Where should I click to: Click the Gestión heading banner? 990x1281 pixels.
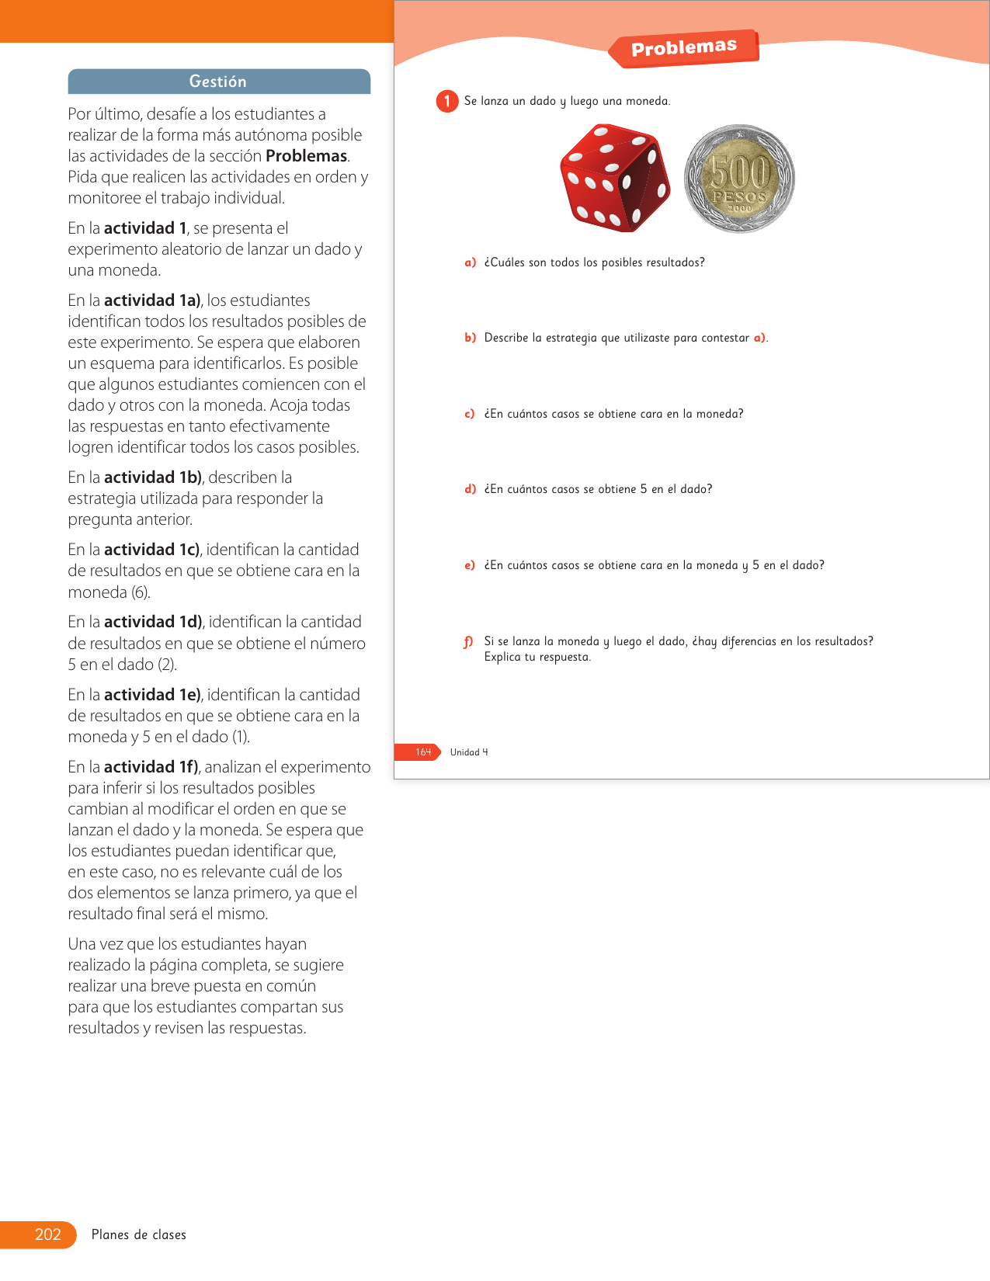pos(218,82)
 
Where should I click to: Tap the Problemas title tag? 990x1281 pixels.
pos(683,48)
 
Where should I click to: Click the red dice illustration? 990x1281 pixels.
pos(614,178)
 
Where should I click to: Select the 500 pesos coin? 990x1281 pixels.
pos(739,179)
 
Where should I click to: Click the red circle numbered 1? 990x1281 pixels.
pos(447,101)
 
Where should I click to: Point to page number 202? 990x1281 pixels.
pos(47,1234)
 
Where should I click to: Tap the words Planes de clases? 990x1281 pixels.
pos(139,1234)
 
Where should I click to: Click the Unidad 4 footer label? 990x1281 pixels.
pos(469,752)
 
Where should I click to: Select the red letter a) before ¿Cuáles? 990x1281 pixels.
pos(471,262)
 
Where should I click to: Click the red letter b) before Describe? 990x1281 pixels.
pos(471,338)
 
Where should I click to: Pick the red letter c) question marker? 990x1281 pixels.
pos(470,414)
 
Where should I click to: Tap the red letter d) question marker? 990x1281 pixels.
pos(471,489)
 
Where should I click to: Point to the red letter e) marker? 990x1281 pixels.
pos(470,565)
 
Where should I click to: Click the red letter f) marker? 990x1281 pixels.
pos(468,641)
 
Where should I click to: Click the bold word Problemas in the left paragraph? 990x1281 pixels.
pos(306,156)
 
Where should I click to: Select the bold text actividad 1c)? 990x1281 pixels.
pos(152,550)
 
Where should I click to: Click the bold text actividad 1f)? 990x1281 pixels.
pos(151,767)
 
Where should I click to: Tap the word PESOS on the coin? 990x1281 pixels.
pos(739,197)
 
